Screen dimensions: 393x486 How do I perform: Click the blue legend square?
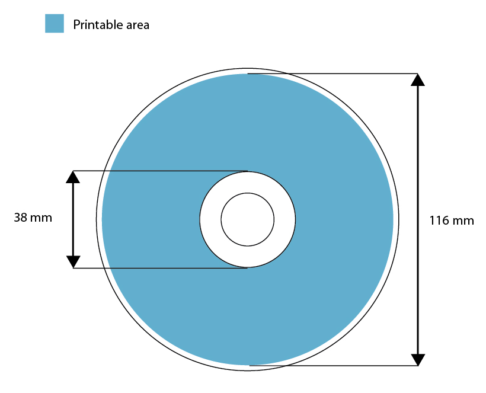[55, 24]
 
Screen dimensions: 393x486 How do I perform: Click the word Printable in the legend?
[94, 25]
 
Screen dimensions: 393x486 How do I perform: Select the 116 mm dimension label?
[452, 221]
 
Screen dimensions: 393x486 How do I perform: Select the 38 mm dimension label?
[33, 218]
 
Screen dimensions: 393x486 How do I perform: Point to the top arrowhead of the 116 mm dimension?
[418, 80]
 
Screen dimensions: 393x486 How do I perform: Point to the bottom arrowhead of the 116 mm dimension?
[418, 359]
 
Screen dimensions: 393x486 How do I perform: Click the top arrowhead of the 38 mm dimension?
[73, 177]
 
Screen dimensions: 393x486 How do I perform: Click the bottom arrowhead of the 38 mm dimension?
[73, 261]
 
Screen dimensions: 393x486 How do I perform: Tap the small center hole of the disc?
[248, 219]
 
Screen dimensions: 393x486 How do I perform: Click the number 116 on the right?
[439, 221]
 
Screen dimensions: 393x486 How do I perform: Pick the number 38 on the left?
[21, 218]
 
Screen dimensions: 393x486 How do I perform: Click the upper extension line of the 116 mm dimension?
[332, 74]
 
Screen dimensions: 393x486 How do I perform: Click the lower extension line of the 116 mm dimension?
[332, 366]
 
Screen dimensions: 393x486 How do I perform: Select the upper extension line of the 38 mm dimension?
[160, 171]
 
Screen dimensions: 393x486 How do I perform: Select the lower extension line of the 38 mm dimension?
[160, 268]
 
